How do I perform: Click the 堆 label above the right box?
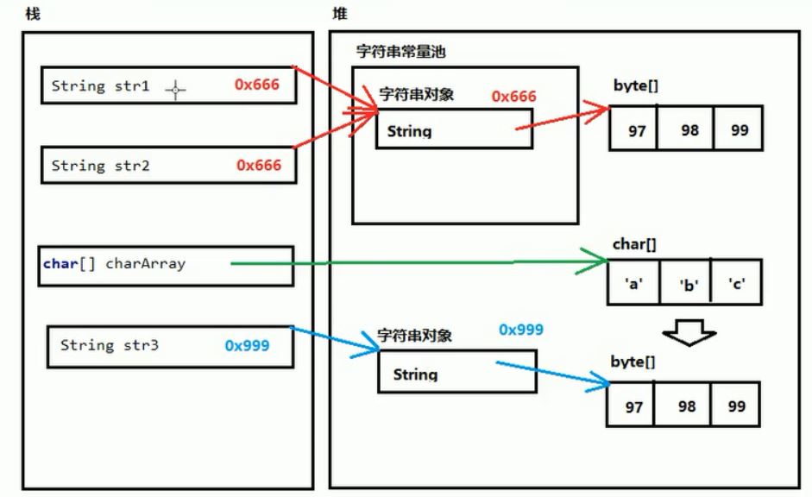[340, 15]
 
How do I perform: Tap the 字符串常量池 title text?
[400, 52]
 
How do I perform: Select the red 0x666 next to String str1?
[258, 85]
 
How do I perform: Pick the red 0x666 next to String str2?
[258, 164]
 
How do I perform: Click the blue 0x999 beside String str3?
[247, 345]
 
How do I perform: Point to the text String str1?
[100, 86]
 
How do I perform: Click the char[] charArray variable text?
[114, 264]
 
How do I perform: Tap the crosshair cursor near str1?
[175, 89]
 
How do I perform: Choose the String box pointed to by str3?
[457, 374]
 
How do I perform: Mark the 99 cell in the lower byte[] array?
[737, 404]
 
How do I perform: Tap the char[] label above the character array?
[634, 244]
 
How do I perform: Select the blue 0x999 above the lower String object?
[521, 330]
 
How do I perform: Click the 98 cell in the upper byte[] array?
[687, 131]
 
